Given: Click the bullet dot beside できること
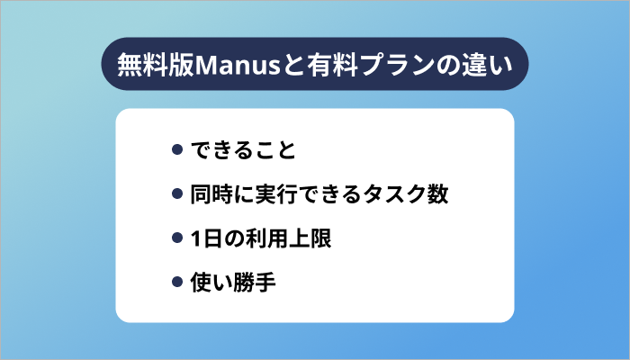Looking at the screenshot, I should pyautogui.click(x=177, y=149).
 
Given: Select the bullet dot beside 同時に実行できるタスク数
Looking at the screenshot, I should pyautogui.click(x=177, y=194).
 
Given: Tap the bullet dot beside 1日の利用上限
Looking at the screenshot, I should pyautogui.click(x=177, y=239).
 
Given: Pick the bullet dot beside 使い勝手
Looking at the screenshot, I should pyautogui.click(x=177, y=284).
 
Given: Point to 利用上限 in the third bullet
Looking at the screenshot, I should pyautogui.click(x=289, y=239).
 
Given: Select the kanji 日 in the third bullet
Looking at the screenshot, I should pyautogui.click(x=213, y=239).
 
